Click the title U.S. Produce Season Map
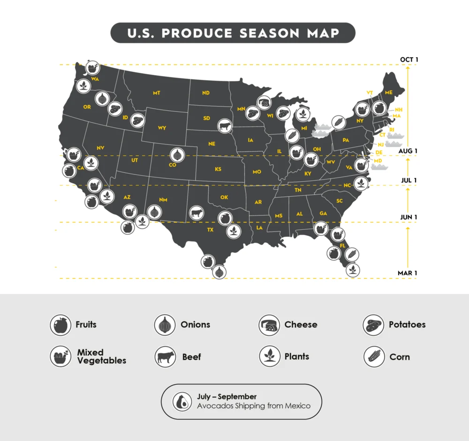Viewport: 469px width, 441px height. pyautogui.click(x=233, y=33)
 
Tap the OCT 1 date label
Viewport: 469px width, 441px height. pyautogui.click(x=408, y=60)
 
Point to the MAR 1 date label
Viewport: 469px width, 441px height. pyautogui.click(x=407, y=273)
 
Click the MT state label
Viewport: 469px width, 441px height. pyautogui.click(x=156, y=93)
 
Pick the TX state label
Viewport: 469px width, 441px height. pyautogui.click(x=210, y=230)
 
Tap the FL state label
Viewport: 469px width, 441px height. pyautogui.click(x=342, y=246)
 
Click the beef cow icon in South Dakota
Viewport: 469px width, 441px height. pyautogui.click(x=225, y=125)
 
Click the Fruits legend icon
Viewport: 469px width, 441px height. pyautogui.click(x=61, y=325)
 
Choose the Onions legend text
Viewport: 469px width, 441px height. pyautogui.click(x=195, y=325)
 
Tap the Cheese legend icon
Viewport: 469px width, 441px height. pyautogui.click(x=269, y=325)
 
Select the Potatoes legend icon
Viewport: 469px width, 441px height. pyautogui.click(x=373, y=325)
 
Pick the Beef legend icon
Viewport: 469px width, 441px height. pyautogui.click(x=165, y=357)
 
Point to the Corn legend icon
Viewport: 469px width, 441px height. pyautogui.click(x=373, y=357)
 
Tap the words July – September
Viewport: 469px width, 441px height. pyautogui.click(x=227, y=397)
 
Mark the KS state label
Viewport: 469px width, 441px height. pyautogui.click(x=218, y=169)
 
